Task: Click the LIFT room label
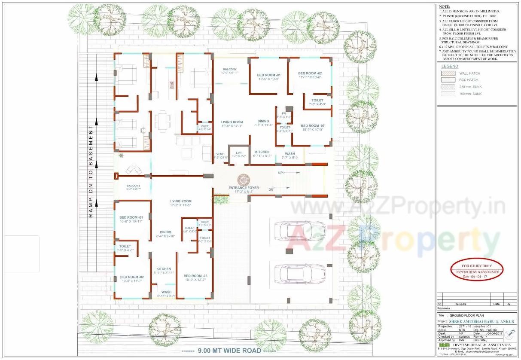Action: tap(239, 153)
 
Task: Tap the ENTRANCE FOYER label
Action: tap(244, 188)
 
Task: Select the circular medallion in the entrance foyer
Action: tap(244, 179)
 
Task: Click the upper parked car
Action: tap(299, 230)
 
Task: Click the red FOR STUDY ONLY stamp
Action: tap(477, 269)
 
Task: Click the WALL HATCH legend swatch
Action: tap(448, 73)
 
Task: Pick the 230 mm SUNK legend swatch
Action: tap(448, 87)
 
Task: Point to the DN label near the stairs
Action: tap(271, 189)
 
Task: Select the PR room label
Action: tap(284, 113)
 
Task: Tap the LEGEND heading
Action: tap(450, 67)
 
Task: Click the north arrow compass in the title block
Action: tap(509, 334)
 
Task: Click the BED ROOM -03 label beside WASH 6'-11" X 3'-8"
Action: tap(195, 276)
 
